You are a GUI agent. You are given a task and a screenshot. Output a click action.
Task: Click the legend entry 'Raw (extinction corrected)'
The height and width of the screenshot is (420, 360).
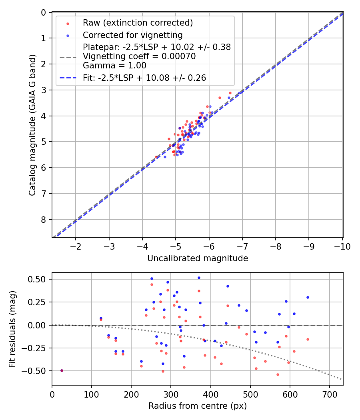tap(138, 23)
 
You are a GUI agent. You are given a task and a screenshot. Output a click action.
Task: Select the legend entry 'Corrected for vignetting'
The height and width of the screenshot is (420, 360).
tap(132, 35)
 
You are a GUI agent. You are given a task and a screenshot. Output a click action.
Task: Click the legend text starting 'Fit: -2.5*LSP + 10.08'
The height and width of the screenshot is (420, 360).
tap(144, 78)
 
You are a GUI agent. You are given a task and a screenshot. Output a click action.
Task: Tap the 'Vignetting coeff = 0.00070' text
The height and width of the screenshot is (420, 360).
tap(139, 56)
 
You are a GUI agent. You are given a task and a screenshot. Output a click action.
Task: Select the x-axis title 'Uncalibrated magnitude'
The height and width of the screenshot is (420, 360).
tap(198, 258)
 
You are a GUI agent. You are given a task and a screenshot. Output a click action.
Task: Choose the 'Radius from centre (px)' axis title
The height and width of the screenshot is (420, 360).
tap(198, 406)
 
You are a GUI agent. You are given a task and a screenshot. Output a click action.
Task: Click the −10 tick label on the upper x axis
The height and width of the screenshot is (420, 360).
tap(342, 246)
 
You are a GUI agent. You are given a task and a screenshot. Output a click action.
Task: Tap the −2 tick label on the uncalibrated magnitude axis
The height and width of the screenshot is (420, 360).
tap(76, 246)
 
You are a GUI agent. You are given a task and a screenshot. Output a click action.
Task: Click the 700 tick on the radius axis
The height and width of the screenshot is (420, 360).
tap(329, 394)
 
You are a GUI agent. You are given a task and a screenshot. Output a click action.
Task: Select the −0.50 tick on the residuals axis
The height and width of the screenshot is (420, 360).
tap(38, 371)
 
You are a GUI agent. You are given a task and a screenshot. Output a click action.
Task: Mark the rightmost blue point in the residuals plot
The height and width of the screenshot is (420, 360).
tap(308, 297)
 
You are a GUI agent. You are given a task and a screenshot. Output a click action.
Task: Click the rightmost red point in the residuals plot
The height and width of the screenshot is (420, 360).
tap(308, 339)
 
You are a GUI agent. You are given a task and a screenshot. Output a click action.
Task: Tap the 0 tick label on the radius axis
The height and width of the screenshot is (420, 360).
tap(52, 394)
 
